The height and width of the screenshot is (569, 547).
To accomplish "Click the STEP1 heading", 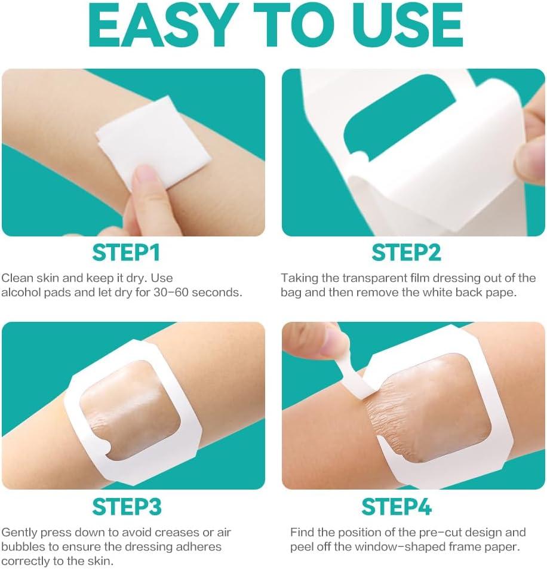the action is pyautogui.click(x=126, y=253).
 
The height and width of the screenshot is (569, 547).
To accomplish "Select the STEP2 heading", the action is pyautogui.click(x=406, y=253).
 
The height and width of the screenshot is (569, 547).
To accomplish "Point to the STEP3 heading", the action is pyautogui.click(x=127, y=506).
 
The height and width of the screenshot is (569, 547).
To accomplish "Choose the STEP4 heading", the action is pyautogui.click(x=397, y=506).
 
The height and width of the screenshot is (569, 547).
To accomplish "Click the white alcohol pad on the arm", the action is pyautogui.click(x=152, y=142).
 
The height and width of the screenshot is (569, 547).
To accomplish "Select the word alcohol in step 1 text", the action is pyautogui.click(x=21, y=293).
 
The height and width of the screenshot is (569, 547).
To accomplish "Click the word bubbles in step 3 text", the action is pyautogui.click(x=21, y=547).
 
